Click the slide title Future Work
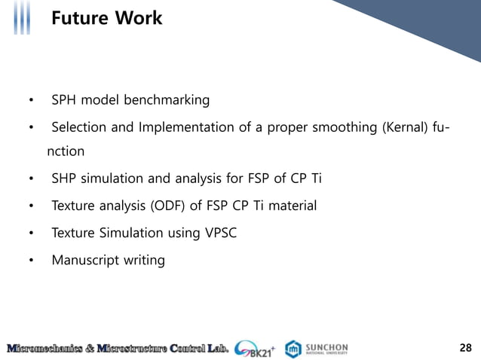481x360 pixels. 106,18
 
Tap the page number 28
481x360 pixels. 465,347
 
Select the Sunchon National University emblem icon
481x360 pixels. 293,348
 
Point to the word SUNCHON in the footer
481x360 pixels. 326,346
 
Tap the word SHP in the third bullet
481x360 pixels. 63,178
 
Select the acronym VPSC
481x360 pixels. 219,233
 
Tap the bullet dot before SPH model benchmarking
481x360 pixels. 31,101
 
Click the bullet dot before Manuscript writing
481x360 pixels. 31,261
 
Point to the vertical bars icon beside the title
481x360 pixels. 23,18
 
